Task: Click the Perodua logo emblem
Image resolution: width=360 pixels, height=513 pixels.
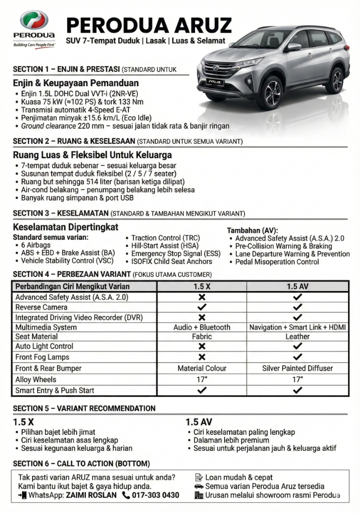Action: coord(34,21)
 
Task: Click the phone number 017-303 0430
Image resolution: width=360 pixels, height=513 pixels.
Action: coord(155,495)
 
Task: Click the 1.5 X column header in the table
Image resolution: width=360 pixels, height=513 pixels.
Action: coord(202,287)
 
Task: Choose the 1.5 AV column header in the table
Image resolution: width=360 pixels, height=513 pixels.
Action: coord(297,287)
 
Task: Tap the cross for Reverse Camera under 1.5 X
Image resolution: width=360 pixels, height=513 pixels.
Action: coord(202,307)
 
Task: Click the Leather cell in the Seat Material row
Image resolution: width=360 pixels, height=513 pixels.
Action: coord(297,337)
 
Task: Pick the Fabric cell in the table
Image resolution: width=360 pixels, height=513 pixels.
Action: coord(202,337)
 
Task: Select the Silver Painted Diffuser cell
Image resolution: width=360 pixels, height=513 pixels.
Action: coord(297,368)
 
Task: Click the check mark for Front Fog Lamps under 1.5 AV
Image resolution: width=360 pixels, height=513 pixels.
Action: coord(297,357)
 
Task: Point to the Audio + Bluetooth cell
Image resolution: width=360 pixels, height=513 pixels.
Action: coord(202,327)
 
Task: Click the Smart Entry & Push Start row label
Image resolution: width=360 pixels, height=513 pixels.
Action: coord(55,390)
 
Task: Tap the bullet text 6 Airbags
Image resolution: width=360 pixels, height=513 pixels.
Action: coord(36,245)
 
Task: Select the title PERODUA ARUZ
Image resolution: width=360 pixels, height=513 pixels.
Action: coord(149,25)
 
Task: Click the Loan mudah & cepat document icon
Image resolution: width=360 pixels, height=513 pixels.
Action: coord(199,477)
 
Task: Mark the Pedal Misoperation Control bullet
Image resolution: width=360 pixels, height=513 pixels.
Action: coord(277,262)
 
